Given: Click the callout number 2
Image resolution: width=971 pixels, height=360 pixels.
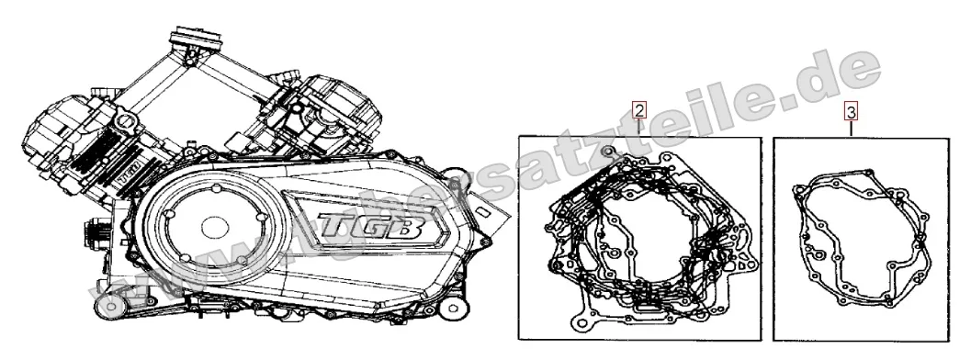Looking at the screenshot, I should pyautogui.click(x=639, y=109).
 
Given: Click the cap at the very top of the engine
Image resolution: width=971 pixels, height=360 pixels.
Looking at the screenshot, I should pyautogui.click(x=197, y=41).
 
